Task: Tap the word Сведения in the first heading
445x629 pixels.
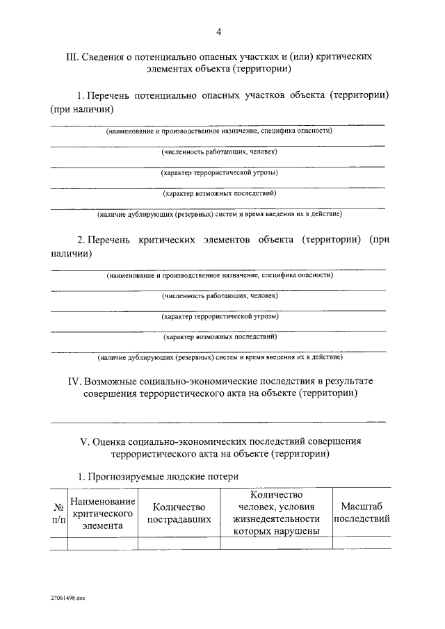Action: [105, 56]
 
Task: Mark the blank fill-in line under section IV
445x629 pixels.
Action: [218, 420]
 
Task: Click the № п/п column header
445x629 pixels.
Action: [58, 514]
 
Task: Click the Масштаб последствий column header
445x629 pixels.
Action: [362, 514]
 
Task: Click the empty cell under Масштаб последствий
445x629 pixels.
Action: [362, 543]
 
